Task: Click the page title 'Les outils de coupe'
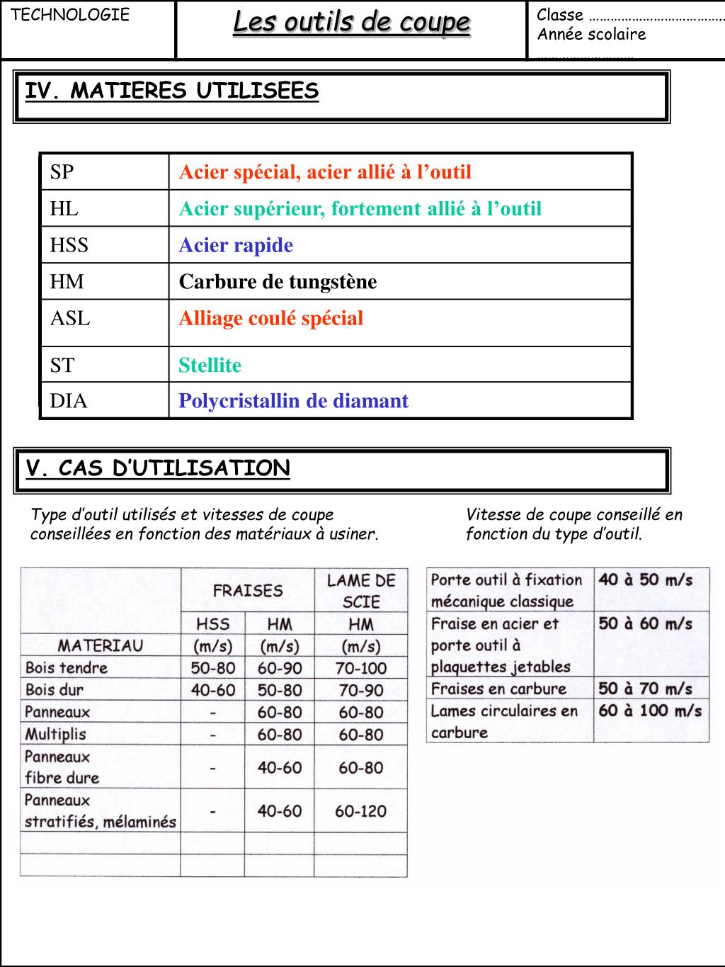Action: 351,23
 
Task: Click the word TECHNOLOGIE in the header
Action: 71,15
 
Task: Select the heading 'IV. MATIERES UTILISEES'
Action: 172,91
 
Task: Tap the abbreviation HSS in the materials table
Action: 69,245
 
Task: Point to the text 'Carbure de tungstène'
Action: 278,282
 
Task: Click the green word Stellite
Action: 210,365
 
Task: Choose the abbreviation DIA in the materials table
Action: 69,401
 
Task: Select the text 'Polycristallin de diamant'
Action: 293,401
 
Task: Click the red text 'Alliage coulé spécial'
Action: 270,318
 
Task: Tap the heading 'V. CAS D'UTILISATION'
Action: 158,468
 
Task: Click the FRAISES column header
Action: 248,590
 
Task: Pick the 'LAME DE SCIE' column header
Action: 361,591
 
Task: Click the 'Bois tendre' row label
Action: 67,667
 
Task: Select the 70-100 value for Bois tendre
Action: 361,667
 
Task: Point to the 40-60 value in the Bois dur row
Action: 213,690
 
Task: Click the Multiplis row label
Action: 56,734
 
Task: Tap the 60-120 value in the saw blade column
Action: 361,811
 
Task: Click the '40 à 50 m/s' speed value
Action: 645,579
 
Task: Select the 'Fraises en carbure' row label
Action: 498,689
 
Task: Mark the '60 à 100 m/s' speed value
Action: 650,711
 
